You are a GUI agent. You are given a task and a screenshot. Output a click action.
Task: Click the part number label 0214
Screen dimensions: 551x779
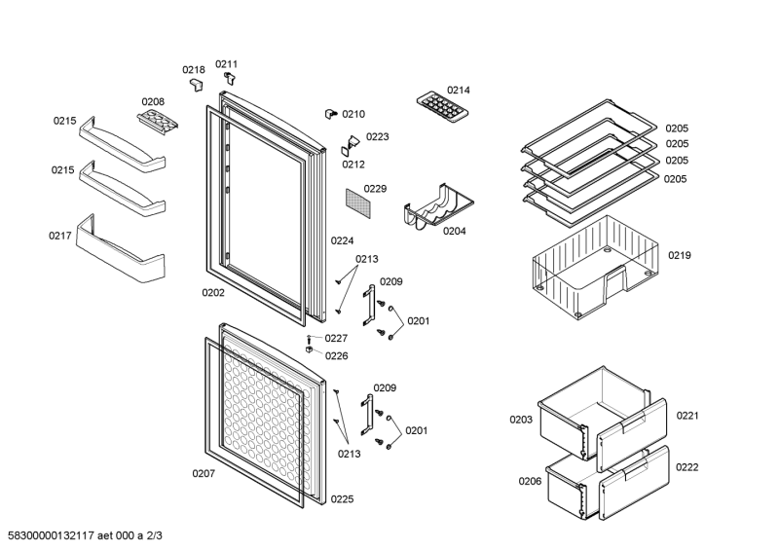pos(459,91)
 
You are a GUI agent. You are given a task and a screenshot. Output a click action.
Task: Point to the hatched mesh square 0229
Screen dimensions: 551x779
pos(359,203)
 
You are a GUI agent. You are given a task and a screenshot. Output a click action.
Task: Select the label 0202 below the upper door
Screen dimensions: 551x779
pos(213,292)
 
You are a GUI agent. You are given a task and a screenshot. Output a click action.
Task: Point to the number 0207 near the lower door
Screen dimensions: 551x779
pos(203,474)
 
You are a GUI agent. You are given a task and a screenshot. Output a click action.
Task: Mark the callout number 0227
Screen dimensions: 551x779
pos(336,339)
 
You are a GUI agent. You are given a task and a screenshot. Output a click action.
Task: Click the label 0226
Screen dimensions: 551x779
pos(336,355)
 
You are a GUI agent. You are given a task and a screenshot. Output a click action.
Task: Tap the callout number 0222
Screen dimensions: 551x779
pos(687,467)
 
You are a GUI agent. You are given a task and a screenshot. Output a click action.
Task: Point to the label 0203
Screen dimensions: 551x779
pos(520,421)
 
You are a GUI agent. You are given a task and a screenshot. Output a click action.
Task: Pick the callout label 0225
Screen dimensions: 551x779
pos(342,498)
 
